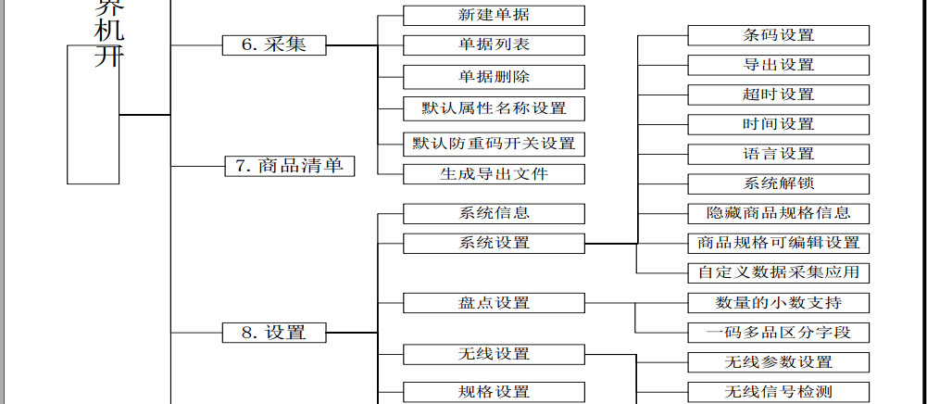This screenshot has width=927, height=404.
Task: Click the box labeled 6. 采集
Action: click(x=273, y=44)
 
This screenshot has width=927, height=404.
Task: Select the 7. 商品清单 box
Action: click(x=290, y=166)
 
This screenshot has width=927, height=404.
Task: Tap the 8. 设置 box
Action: click(x=273, y=333)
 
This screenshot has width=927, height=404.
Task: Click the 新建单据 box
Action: click(x=494, y=15)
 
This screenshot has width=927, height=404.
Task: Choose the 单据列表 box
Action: click(x=494, y=44)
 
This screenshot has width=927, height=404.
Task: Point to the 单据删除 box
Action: click(x=494, y=77)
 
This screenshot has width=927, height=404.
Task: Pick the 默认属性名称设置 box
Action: click(x=494, y=108)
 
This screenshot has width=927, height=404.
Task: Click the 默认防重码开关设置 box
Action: click(x=494, y=144)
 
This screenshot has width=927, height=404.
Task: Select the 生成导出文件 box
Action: click(x=494, y=174)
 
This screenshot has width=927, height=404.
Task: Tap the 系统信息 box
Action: click(x=494, y=213)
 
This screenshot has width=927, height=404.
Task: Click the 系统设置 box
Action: click(x=494, y=243)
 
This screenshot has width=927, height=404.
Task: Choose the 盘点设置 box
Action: click(x=494, y=303)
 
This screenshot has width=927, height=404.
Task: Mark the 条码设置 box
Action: click(x=778, y=35)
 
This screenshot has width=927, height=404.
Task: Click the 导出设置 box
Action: click(x=778, y=65)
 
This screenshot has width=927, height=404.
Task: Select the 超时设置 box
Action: click(x=778, y=95)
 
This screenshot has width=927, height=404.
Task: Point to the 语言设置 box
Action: click(x=778, y=154)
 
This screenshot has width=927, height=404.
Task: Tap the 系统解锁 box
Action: click(x=778, y=183)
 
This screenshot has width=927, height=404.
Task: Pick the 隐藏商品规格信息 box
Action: click(x=778, y=213)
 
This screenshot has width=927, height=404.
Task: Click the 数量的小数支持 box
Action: click(x=778, y=303)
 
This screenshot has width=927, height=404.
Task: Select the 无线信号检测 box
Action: click(x=778, y=391)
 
